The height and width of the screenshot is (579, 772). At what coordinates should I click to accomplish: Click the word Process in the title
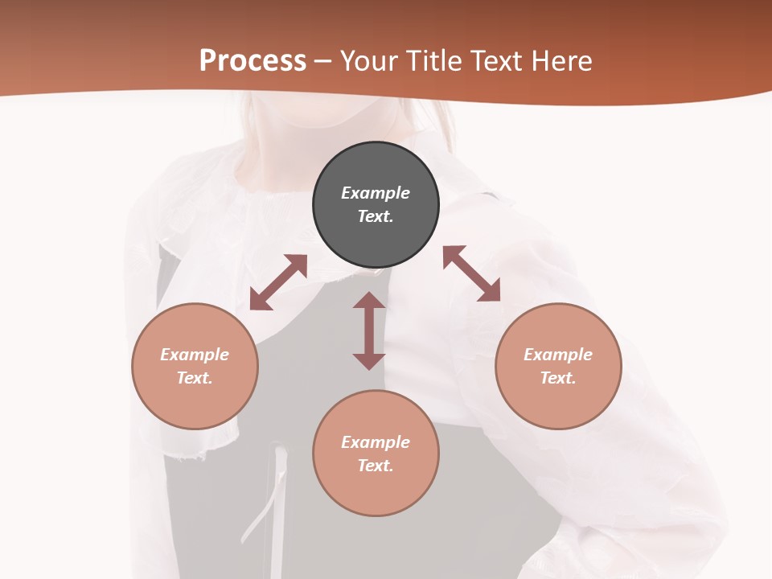coord(253,61)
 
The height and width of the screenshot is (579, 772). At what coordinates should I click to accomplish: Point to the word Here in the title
coord(564,61)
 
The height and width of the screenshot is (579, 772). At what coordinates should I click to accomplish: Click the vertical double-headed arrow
coord(369,331)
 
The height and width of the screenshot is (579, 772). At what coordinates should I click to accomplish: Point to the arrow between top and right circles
coord(471,273)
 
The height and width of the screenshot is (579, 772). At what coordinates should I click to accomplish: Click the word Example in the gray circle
coord(376,193)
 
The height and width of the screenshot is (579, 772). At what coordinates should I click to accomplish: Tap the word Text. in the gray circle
coord(376,216)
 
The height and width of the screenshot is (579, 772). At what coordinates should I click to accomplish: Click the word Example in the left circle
coord(195,355)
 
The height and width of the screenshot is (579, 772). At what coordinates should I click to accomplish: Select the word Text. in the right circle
coord(558,378)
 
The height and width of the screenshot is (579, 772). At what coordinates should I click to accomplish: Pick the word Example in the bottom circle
coord(376,442)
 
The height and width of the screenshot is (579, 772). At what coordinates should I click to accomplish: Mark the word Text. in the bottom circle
coord(376,466)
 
